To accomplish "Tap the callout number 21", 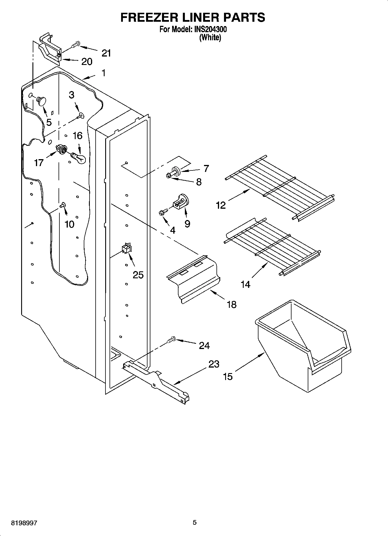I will [106, 53].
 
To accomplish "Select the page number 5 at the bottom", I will [195, 522].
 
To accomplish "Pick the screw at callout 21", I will [75, 45].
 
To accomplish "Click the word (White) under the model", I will [210, 38].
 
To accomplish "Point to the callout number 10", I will [70, 224].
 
